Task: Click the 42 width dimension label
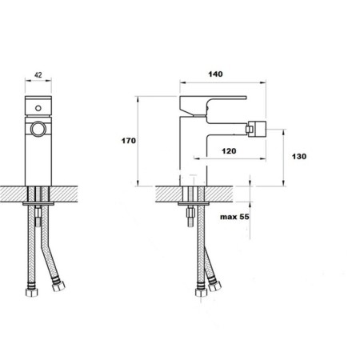pos(38,75)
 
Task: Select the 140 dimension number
pos(215,74)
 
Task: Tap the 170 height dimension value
pos(129,141)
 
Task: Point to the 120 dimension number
pos(229,151)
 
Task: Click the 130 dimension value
pos(299,156)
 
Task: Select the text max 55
pos(234,217)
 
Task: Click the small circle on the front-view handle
pos(38,108)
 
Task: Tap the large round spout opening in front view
pos(38,130)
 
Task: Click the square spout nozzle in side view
pos(257,129)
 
